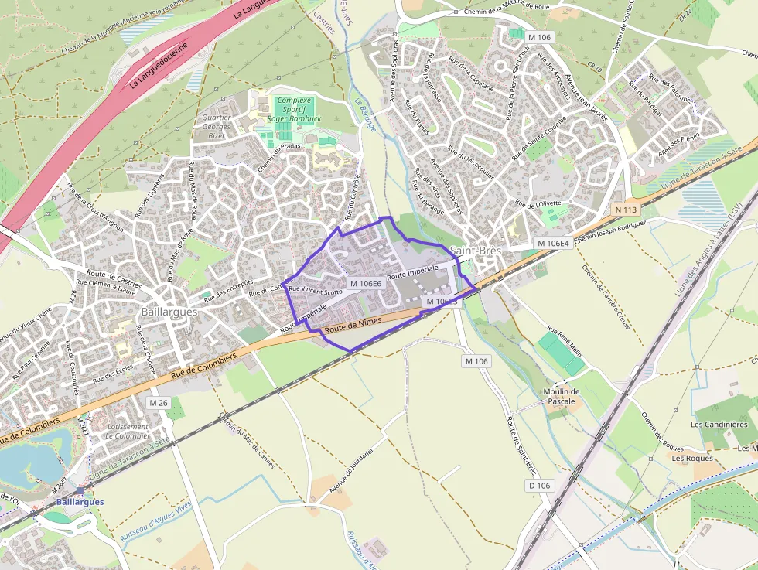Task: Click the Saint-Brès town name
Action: click(475, 251)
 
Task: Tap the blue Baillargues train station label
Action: click(79, 502)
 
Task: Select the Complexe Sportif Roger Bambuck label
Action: click(293, 110)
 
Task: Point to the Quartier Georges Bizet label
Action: click(216, 126)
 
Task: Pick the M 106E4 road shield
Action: click(552, 243)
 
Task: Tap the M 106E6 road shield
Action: click(366, 284)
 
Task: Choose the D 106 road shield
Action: click(540, 486)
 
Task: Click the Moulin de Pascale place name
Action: click(562, 397)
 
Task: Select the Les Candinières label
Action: click(719, 425)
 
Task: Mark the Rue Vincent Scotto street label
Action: click(315, 292)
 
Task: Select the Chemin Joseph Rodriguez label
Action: click(610, 230)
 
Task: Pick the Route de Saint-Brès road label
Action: click(521, 445)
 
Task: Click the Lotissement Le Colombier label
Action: click(128, 431)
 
